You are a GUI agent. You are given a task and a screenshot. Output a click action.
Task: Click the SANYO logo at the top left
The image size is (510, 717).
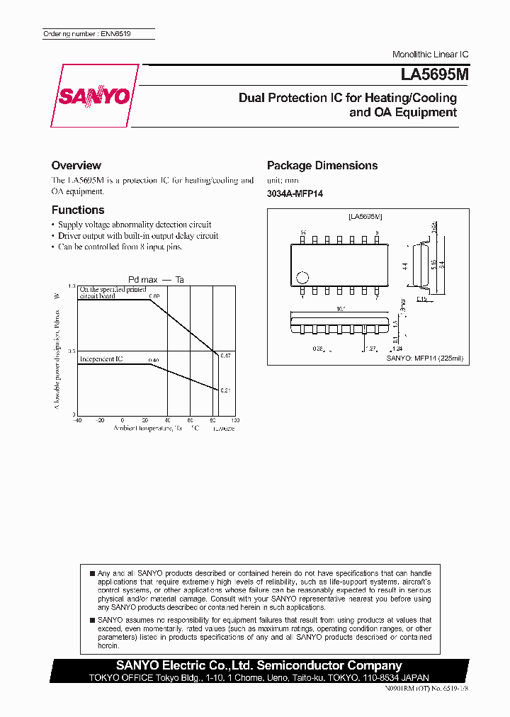coord(93,96)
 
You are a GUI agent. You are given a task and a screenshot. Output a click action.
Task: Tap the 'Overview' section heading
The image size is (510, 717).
coord(76,165)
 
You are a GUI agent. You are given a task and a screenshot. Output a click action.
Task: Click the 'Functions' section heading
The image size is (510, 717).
coord(78,210)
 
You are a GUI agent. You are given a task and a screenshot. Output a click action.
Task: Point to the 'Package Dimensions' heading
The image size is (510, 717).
coord(322,165)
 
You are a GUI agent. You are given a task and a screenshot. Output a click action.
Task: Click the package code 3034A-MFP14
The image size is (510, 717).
coord(295,193)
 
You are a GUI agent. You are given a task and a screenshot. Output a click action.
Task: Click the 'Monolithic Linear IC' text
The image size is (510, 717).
coord(430,55)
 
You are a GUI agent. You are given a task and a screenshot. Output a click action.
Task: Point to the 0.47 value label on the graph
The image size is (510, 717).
coord(225,355)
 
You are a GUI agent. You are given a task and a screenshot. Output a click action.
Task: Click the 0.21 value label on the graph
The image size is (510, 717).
coord(225,390)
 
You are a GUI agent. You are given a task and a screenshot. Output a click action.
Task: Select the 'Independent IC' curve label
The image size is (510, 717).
coord(101,359)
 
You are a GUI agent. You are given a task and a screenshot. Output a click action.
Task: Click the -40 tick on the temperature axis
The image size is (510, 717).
coord(77,419)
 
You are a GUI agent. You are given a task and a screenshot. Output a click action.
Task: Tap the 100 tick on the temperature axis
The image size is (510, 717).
coord(235,419)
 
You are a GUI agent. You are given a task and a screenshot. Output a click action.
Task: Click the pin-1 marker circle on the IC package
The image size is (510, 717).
coord(302,278)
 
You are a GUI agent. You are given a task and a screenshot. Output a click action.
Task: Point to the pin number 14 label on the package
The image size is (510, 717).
coord(302,232)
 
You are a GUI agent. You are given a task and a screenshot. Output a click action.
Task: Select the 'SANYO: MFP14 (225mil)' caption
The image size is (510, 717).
coord(424,358)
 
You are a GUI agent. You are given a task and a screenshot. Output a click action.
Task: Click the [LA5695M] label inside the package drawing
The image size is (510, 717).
coord(365,215)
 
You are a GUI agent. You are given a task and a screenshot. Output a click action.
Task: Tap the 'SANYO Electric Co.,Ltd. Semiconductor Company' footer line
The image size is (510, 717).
coord(259,665)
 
